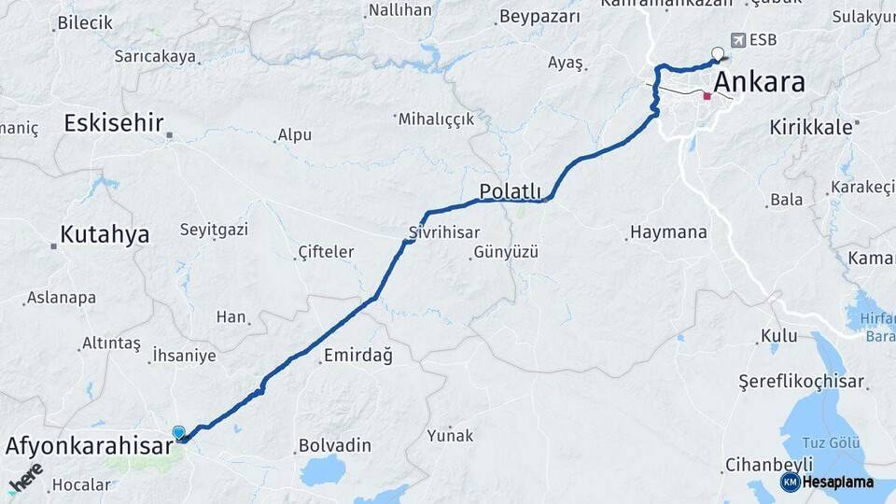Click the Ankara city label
coord(758,82)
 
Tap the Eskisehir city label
coord(114,123)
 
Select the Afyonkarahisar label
coord(89,446)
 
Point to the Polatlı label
coord(510,191)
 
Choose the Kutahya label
coord(105,234)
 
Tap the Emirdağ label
coord(357,356)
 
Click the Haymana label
coord(668,232)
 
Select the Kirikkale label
coord(811,127)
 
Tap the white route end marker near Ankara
coord(717,53)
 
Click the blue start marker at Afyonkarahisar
coord(178,432)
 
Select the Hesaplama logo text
coord(837,483)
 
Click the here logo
coord(25,477)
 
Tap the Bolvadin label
coord(334,445)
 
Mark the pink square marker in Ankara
coord(707,95)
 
